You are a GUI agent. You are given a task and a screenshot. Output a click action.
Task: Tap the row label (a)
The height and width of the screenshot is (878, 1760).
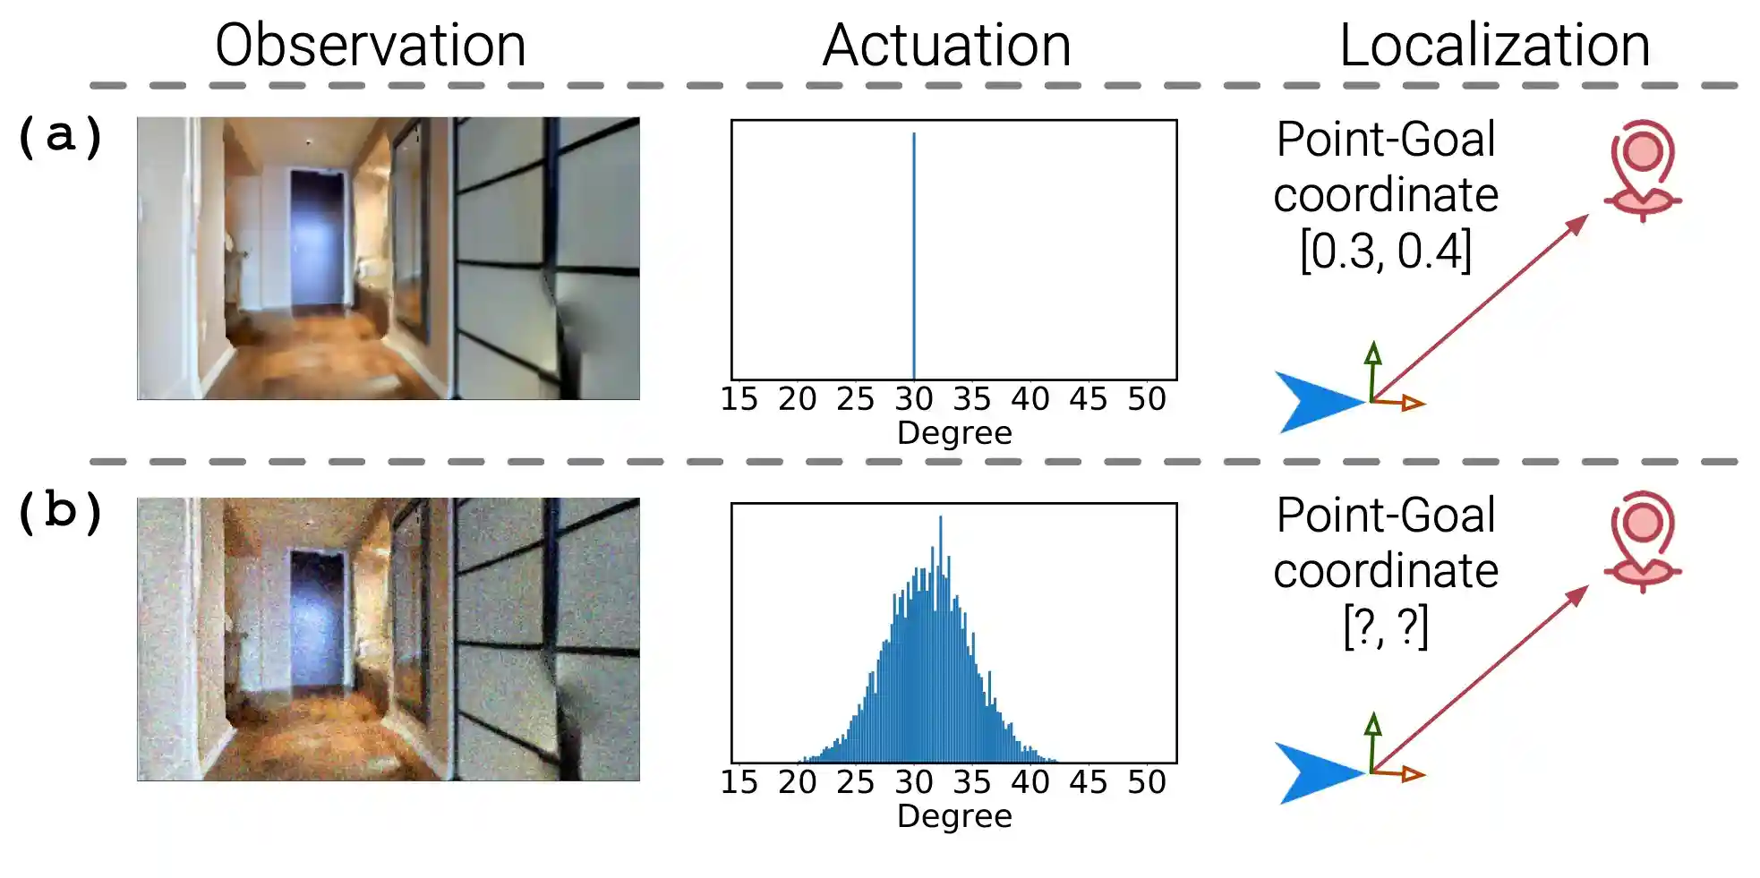[x=60, y=136]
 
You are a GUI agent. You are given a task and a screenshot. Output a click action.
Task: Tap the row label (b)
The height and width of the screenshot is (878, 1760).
[x=60, y=512]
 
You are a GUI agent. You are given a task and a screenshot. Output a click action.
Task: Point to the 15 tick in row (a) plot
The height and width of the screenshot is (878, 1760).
[x=739, y=399]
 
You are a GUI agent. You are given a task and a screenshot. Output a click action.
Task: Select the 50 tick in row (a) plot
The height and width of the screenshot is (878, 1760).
[x=1146, y=399]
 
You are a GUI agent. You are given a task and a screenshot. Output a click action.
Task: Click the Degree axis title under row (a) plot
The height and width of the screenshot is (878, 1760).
[x=954, y=433]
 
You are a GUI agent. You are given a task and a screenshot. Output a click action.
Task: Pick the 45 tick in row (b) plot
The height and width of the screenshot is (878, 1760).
[x=1088, y=783]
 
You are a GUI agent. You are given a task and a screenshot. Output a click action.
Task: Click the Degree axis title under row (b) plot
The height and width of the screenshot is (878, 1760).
[x=954, y=816]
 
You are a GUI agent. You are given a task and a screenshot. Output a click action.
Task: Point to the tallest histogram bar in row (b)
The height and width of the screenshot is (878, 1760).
[x=940, y=537]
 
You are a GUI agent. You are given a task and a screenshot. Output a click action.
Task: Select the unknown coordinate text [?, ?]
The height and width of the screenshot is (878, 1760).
[x=1385, y=627]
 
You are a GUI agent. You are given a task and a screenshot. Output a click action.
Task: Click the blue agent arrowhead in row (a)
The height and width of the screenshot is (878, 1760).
[x=1314, y=402]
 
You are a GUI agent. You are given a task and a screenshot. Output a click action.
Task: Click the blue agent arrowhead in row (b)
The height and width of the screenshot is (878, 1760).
[x=1314, y=773]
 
